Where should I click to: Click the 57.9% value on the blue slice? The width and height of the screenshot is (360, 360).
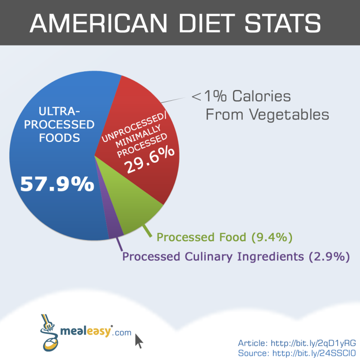coord(57,184)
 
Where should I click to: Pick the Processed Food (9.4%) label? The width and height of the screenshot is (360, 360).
coord(225,237)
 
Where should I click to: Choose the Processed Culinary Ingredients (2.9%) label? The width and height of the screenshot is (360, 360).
coord(236,256)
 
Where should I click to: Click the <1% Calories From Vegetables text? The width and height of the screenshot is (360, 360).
coord(260,105)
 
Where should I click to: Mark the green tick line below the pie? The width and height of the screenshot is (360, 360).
coord(147,231)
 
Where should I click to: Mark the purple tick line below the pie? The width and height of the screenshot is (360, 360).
coord(119,243)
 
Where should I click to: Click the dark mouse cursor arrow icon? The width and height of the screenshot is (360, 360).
coord(139,340)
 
